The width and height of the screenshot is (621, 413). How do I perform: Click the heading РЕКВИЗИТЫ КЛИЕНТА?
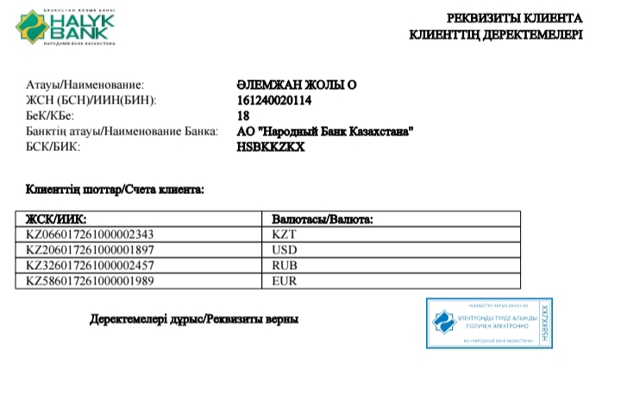514,18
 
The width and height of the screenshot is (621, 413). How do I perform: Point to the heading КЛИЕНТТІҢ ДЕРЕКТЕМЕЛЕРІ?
495,35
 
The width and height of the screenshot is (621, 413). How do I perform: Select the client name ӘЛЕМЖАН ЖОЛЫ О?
296,85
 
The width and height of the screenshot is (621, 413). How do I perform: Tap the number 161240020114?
273,101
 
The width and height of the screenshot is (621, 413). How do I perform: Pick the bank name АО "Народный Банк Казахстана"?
325,132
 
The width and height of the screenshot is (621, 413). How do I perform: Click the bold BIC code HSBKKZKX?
270,147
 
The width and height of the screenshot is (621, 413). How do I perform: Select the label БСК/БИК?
53,147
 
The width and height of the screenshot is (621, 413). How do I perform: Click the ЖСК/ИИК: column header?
57,220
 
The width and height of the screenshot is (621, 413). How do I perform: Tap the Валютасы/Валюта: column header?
322,220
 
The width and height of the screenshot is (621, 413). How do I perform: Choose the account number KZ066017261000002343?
90,235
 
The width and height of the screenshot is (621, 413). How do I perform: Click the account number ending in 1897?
90,250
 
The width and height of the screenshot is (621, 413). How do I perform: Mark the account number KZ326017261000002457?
90,266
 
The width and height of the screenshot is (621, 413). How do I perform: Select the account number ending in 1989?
90,281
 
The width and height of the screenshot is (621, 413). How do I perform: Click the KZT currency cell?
284,235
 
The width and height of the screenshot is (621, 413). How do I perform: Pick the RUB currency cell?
285,266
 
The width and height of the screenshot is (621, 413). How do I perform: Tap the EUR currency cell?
285,281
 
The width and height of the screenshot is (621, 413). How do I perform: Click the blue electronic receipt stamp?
489,323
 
